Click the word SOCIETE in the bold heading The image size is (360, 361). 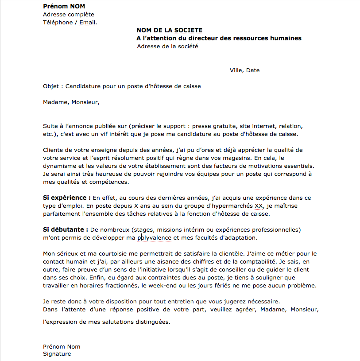click(188, 30)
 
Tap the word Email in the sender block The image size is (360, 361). click(87, 23)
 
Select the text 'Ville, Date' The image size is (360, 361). click(244, 70)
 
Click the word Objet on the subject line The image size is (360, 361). click(51, 86)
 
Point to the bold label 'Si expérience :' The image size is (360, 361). click(67, 198)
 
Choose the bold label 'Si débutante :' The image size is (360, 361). click(65, 230)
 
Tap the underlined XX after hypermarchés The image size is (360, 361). click(259, 206)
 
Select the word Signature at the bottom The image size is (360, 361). click(57, 354)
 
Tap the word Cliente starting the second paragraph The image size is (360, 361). click(54, 150)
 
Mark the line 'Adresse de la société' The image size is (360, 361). click(167, 47)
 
